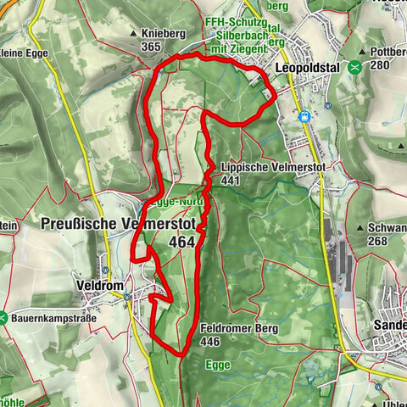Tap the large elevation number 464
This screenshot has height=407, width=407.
[182, 242]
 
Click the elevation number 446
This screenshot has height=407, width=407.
[213, 342]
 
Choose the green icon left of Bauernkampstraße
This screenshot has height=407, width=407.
[4, 319]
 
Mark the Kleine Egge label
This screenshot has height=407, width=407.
[26, 52]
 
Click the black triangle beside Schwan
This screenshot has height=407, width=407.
[363, 227]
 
